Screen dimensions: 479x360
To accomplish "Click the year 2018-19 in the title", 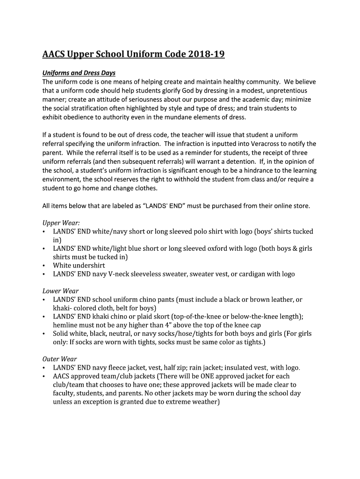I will [206, 55].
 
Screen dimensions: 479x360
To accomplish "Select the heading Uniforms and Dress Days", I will [79, 73].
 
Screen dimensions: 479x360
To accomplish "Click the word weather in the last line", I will [203, 402].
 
